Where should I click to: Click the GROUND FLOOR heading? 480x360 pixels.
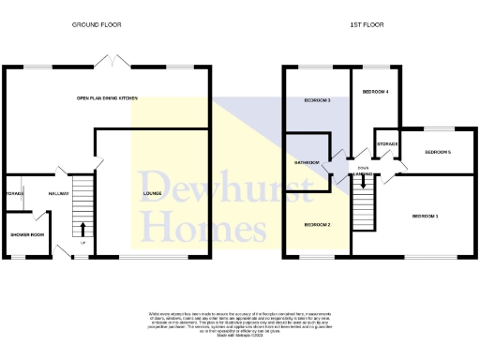(x=97, y=23)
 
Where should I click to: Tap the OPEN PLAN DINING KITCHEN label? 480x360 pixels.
(x=109, y=97)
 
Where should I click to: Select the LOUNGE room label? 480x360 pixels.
(x=152, y=194)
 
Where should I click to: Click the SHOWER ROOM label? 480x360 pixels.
(x=27, y=234)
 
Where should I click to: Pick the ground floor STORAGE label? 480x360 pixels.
(x=13, y=194)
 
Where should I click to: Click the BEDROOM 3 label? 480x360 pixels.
(x=317, y=100)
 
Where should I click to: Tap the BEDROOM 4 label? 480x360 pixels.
(x=375, y=92)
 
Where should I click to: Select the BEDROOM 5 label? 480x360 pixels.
(x=438, y=152)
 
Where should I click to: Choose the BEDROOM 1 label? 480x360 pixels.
(x=426, y=217)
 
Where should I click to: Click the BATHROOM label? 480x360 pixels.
(x=307, y=162)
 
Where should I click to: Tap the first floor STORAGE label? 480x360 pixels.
(x=387, y=143)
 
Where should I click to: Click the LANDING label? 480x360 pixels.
(x=366, y=172)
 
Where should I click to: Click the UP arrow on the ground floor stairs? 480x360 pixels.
(x=83, y=228)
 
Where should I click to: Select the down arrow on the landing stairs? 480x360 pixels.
(x=366, y=183)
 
